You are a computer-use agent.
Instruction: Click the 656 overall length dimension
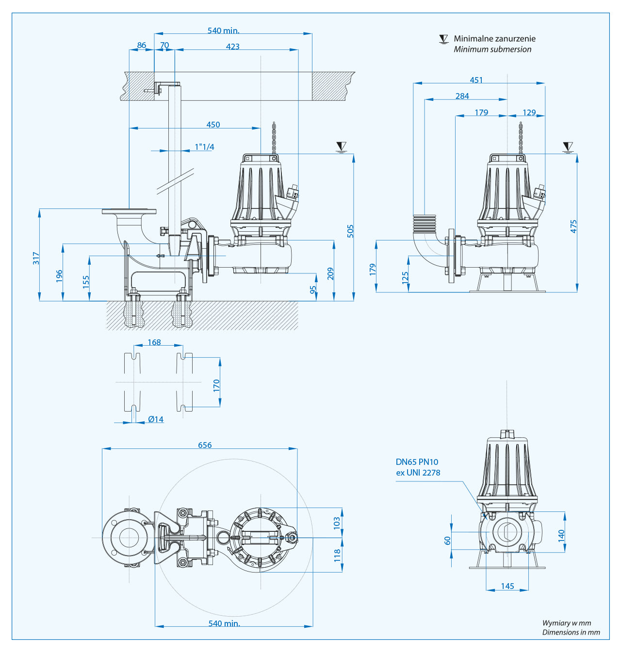(205, 445)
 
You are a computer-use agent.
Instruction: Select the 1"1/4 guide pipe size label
(204, 147)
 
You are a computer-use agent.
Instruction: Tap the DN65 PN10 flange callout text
(417, 462)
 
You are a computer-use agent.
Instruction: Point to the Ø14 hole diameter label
(156, 419)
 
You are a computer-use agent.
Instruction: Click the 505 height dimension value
(350, 231)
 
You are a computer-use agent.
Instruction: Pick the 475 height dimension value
(573, 226)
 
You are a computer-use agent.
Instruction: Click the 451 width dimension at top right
(476, 80)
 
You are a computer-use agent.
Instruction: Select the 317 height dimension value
(36, 258)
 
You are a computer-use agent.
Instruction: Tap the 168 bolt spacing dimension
(154, 342)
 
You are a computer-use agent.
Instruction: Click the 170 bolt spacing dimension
(216, 385)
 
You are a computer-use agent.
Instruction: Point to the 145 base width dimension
(507, 586)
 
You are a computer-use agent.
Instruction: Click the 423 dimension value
(232, 47)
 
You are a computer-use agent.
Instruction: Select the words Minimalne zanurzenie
(494, 39)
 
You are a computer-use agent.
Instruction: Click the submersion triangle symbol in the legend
(443, 39)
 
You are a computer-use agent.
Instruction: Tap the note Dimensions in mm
(571, 632)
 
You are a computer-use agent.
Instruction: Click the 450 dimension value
(213, 125)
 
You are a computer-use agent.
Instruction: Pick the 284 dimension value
(462, 96)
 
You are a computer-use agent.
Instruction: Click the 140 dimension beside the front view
(561, 535)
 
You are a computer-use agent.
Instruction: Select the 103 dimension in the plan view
(337, 523)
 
